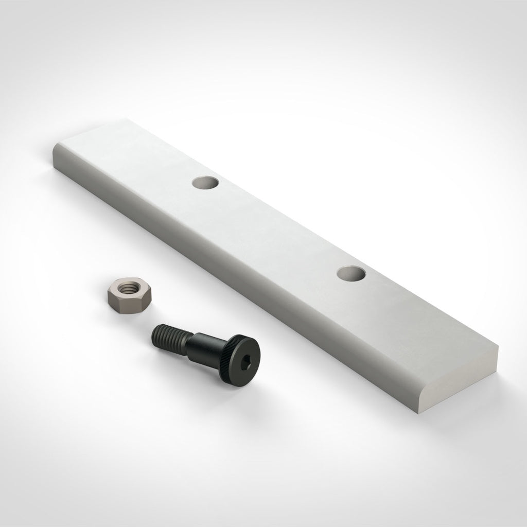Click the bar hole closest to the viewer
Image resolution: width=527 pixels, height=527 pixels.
point(352,273)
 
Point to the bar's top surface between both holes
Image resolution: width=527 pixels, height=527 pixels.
point(278,226)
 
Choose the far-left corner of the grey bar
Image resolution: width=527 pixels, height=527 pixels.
point(54,149)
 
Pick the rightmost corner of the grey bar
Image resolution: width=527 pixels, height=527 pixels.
point(499,346)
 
